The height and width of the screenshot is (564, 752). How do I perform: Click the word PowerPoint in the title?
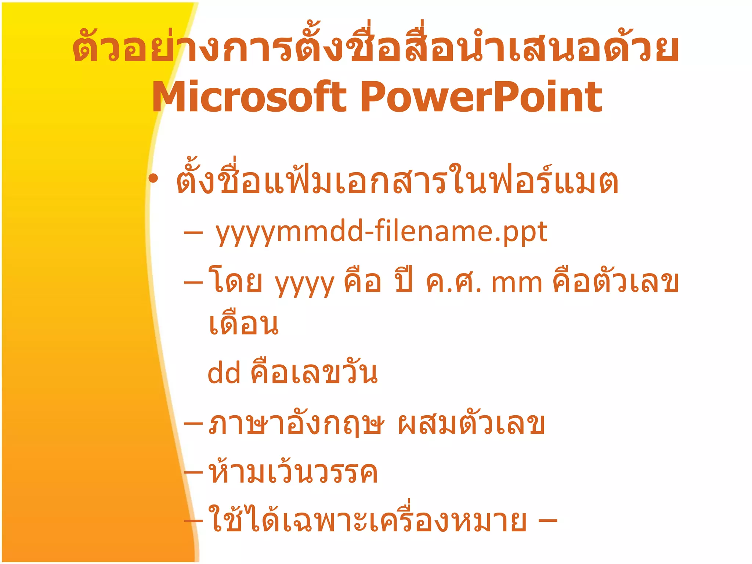pyautogui.click(x=481, y=97)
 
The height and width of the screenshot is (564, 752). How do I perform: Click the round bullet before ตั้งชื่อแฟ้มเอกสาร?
pyautogui.click(x=153, y=179)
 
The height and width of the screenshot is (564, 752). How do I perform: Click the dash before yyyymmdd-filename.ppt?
pyautogui.click(x=193, y=233)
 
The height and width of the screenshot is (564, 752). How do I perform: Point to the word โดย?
pyautogui.click(x=235, y=282)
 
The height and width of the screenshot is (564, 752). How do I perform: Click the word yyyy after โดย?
pyautogui.click(x=305, y=283)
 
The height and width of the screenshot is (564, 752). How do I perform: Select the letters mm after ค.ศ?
pyautogui.click(x=516, y=283)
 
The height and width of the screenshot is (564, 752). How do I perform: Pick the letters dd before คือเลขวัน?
pyautogui.click(x=224, y=373)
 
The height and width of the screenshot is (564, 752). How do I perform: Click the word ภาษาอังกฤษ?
pyautogui.click(x=296, y=424)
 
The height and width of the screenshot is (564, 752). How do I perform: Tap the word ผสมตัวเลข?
pyautogui.click(x=471, y=424)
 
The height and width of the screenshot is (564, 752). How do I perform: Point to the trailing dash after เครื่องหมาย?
pyautogui.click(x=547, y=521)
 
